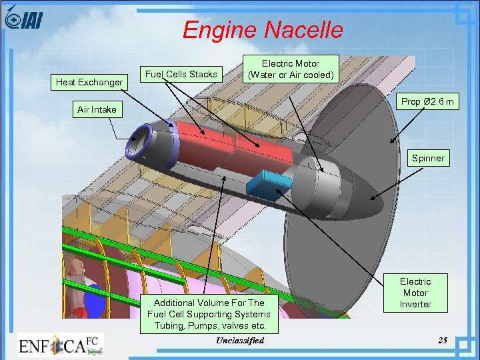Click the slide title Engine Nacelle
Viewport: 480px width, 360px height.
[263, 30]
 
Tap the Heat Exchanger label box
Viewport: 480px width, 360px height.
[89, 83]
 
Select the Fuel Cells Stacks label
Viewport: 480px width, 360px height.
[181, 74]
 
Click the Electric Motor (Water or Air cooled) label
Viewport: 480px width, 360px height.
[290, 69]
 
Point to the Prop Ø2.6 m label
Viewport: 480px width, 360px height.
[427, 102]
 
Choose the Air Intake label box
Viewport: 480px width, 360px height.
[97, 109]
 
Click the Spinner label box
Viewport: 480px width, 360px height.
[427, 159]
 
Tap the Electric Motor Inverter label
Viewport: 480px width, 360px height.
[415, 293]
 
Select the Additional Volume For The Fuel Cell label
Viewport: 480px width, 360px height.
[209, 314]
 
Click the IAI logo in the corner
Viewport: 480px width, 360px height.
[23, 20]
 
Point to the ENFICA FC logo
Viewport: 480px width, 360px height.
[60, 345]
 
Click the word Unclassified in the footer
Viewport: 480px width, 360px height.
[240, 341]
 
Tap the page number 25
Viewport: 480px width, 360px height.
[443, 341]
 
